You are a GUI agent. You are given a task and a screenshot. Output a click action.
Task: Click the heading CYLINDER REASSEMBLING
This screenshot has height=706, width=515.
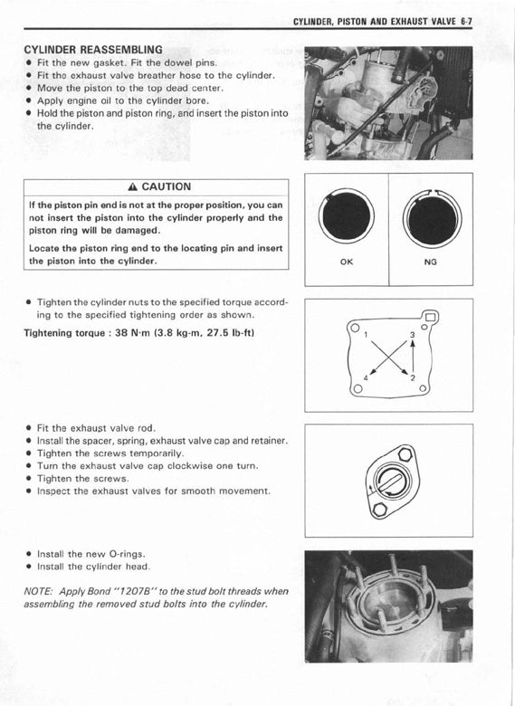pos(93,50)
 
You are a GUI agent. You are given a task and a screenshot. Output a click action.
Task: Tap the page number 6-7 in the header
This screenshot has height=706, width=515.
pos(466,22)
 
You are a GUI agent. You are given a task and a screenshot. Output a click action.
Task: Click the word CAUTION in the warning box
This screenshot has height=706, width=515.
pos(167,186)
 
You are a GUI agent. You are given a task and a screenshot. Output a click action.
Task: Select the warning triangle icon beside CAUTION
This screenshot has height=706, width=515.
pos(132,187)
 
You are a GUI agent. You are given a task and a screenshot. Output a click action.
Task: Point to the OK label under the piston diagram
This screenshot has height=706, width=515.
pos(347,262)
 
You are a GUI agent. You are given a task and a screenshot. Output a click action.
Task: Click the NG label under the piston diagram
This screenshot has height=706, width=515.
pos(430,262)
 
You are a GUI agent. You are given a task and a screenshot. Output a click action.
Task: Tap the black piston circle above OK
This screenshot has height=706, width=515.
pos(346,215)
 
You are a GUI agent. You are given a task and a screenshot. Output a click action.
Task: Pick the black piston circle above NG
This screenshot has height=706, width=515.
pos(432,220)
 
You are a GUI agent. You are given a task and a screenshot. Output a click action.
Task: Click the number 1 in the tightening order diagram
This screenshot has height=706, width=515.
pos(366,335)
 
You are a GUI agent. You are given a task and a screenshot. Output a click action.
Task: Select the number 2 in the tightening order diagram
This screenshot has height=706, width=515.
pos(413,377)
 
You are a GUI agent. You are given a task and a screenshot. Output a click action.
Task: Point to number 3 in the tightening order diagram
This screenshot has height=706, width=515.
pos(413,335)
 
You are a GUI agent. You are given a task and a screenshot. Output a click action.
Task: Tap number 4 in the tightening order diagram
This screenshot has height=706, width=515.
pos(366,377)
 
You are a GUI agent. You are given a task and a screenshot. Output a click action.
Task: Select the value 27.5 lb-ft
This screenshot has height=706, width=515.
pos(231,333)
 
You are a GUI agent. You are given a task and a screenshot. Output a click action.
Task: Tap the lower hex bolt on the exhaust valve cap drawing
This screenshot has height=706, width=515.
pos(381,510)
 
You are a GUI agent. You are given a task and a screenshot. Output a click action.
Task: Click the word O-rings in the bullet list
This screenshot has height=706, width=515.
pos(127,554)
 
